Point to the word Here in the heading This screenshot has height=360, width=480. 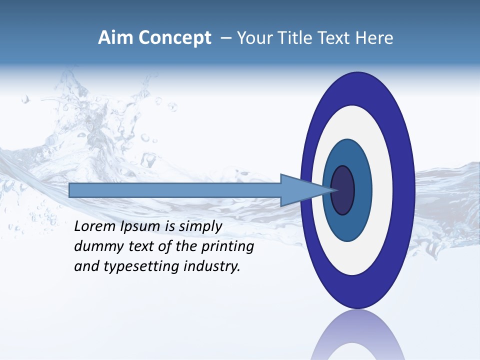[x=375, y=38]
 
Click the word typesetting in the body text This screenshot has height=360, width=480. [x=141, y=267]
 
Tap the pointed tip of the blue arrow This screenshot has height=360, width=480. [x=334, y=190]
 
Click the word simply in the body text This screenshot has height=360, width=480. [x=200, y=227]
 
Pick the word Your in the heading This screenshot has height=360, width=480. [x=253, y=38]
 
